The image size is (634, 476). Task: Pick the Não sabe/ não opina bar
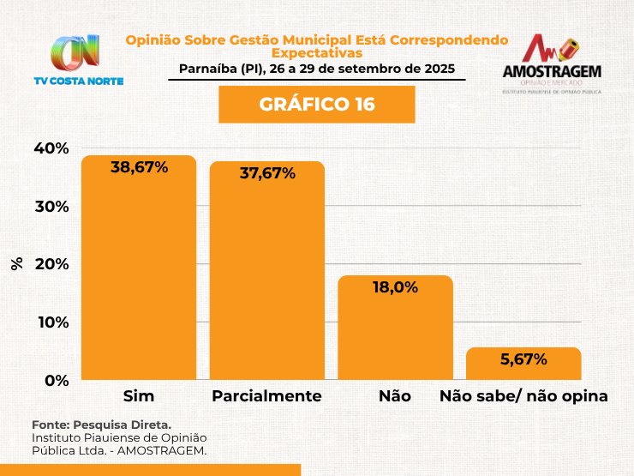click(x=523, y=364)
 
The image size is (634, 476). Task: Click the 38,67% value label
click(x=139, y=168)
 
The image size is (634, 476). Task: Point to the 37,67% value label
click(x=266, y=173)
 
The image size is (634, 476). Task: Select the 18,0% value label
click(x=395, y=288)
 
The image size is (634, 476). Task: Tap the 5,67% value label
click(x=523, y=359)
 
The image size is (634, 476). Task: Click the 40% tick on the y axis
click(x=51, y=148)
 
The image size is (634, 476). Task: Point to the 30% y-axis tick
click(x=51, y=207)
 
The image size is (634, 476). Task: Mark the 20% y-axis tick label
click(x=51, y=264)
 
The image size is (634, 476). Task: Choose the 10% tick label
click(x=51, y=322)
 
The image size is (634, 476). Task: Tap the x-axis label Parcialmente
click(x=266, y=396)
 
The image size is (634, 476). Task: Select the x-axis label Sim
click(x=139, y=396)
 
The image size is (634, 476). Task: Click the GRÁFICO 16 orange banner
click(x=317, y=105)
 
